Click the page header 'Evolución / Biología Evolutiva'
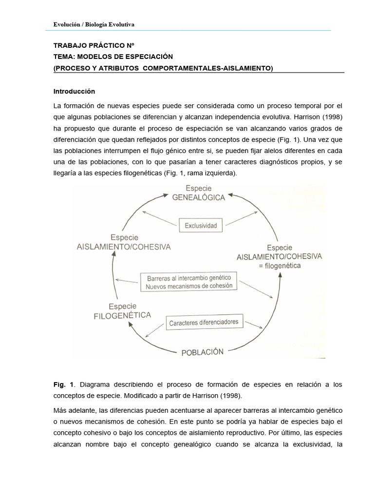[94, 24]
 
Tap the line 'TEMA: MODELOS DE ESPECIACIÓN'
[113, 57]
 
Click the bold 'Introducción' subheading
[74, 91]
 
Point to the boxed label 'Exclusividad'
[200, 226]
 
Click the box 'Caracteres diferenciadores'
[204, 323]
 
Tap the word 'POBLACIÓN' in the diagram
[203, 351]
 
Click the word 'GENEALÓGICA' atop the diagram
[198, 197]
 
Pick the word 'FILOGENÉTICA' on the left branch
[122, 315]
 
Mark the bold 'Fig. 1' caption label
[61, 384]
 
